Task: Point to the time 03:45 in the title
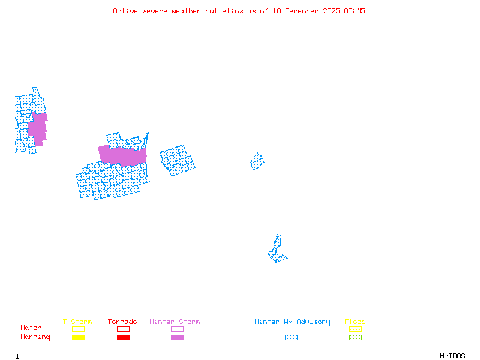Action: pos(355,11)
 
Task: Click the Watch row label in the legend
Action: pos(31,328)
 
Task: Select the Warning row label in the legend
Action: pos(35,337)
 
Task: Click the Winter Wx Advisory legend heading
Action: pos(292,322)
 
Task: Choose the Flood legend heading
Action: pos(355,322)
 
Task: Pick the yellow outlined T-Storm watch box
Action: pos(78,329)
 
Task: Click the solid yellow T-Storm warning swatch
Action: pos(78,338)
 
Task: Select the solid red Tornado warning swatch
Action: pos(123,338)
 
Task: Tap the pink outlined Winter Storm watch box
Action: pos(177,329)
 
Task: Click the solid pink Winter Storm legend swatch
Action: pos(177,338)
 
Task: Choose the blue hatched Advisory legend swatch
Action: pos(291,338)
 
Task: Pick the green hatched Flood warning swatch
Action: pos(355,338)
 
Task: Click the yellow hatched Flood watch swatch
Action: pos(355,329)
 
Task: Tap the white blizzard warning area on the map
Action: pos(279,230)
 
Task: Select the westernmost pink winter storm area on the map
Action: pos(38,127)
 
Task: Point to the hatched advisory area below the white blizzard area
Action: pos(277,251)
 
